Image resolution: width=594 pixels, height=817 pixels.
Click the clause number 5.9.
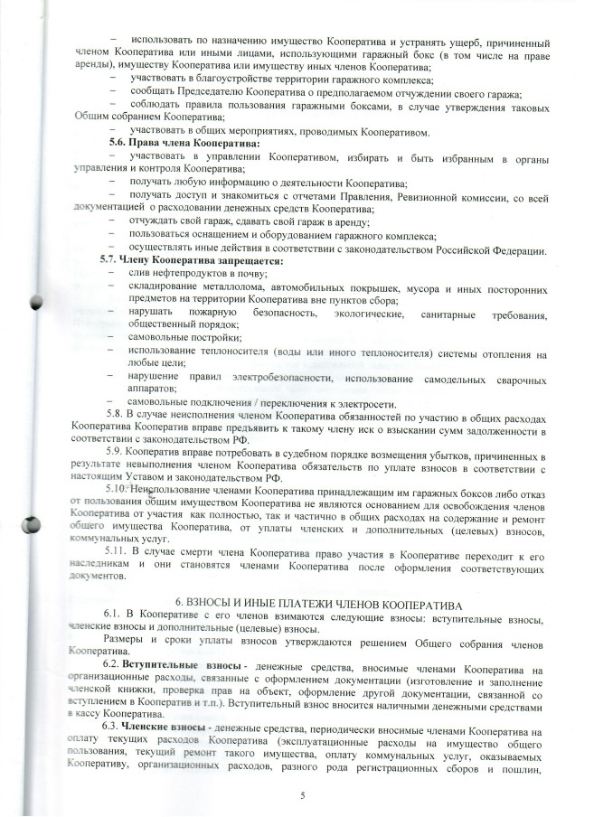(x=118, y=449)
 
